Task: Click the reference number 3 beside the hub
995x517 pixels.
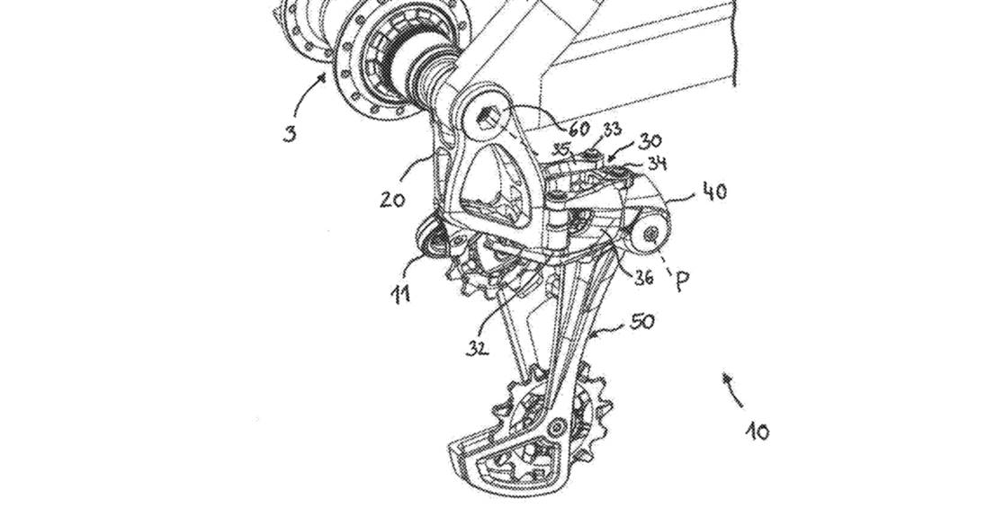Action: click(289, 136)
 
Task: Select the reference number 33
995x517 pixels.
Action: click(611, 129)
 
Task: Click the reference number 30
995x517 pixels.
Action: click(650, 142)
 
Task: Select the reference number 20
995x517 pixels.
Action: click(391, 199)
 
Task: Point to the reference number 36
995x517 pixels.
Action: click(642, 278)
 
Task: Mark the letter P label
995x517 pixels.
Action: click(683, 281)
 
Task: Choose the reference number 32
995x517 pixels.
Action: click(478, 348)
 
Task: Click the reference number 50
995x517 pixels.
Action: click(641, 321)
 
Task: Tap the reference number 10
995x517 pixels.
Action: click(757, 432)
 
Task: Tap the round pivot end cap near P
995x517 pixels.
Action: click(649, 234)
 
